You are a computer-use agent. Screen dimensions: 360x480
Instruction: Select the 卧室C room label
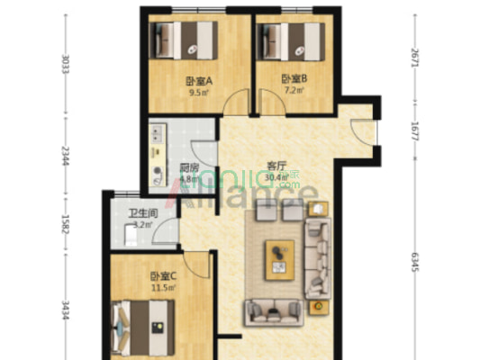[163, 275]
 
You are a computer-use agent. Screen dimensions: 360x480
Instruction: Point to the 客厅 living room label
[276, 166]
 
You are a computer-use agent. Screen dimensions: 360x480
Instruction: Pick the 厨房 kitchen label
[188, 167]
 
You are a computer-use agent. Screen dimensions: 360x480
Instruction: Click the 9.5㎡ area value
[197, 91]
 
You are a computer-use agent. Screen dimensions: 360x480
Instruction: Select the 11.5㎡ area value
[163, 287]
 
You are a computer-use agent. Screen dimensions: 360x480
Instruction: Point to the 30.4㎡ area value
[277, 177]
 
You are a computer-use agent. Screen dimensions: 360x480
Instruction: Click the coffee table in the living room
[280, 259]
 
